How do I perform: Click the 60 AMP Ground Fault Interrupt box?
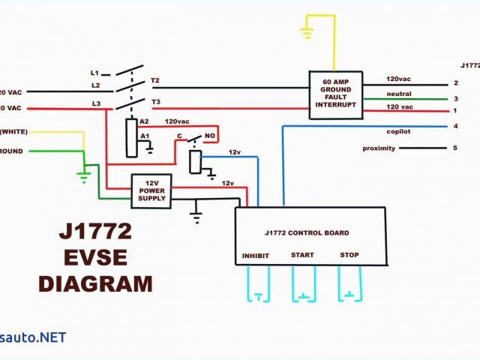pyautogui.click(x=336, y=94)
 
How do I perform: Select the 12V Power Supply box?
pyautogui.click(x=151, y=190)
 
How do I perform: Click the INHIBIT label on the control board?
pyautogui.click(x=255, y=256)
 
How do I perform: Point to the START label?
pyautogui.click(x=302, y=255)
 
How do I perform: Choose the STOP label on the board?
pyautogui.click(x=349, y=255)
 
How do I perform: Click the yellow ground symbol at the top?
pyautogui.click(x=307, y=31)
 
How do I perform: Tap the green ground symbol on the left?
pyautogui.click(x=84, y=177)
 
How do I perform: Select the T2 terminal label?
pyautogui.click(x=155, y=80)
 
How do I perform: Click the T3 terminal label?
pyautogui.click(x=156, y=101)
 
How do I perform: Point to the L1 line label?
pyautogui.click(x=94, y=73)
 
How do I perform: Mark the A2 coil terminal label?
pyautogui.click(x=145, y=121)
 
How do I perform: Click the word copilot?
pyautogui.click(x=398, y=130)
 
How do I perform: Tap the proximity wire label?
pyautogui.click(x=378, y=148)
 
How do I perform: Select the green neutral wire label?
pyautogui.click(x=398, y=94)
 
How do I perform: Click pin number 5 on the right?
pyautogui.click(x=454, y=148)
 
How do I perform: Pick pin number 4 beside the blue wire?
pyautogui.click(x=454, y=126)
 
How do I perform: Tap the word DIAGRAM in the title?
pyautogui.click(x=95, y=284)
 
